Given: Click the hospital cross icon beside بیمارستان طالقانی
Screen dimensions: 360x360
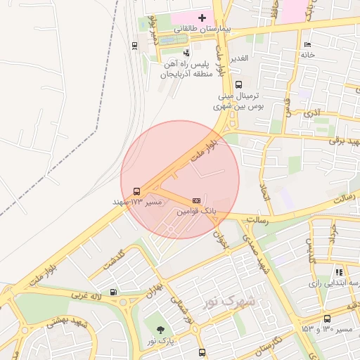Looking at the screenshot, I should coord(202,18).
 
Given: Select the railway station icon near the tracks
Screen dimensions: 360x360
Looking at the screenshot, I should coord(134,46).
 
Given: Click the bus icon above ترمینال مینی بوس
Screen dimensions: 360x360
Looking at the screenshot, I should coord(238,85).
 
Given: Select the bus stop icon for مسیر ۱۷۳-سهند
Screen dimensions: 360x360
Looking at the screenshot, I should coord(136,191).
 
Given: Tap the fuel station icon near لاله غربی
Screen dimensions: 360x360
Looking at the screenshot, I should coord(113,292).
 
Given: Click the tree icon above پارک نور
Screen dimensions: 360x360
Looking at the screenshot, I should coord(162,330).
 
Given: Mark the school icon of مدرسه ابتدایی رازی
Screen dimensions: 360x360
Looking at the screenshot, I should coord(339,272).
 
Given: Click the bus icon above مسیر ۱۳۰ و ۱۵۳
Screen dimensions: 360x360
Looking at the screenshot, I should coord(327,319).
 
